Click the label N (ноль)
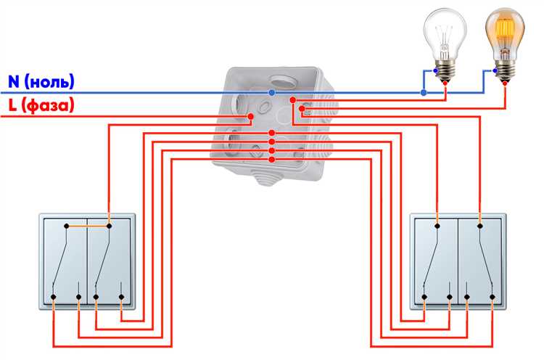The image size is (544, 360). point(40,81)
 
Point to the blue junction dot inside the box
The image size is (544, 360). point(272,94)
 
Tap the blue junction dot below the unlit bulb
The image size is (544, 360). point(424,93)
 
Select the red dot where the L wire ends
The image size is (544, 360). point(250,116)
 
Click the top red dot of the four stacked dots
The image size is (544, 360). point(271,133)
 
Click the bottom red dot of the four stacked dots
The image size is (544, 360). point(271,159)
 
